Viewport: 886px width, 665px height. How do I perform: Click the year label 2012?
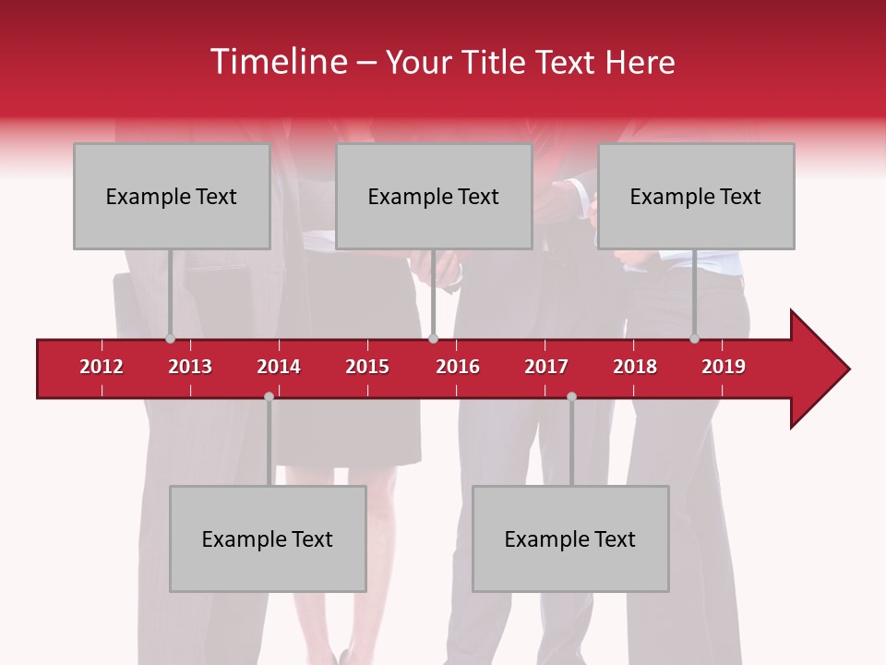(102, 367)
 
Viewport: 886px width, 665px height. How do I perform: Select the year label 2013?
(190, 367)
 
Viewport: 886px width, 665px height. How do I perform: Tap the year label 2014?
(279, 367)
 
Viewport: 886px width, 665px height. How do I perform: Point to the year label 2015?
(367, 367)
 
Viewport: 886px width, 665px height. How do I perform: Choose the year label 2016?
(458, 367)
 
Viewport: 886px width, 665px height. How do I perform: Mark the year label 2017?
(546, 367)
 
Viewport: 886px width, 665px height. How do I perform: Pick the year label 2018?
(635, 367)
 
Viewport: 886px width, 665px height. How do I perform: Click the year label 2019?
(724, 367)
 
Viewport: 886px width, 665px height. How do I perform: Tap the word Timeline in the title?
(278, 62)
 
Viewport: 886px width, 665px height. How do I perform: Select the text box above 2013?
(172, 196)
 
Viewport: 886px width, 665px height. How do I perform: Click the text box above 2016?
(434, 196)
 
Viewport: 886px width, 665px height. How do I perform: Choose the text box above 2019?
(696, 196)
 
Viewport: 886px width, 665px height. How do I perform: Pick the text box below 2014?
(268, 538)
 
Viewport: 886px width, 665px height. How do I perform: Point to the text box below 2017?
(570, 538)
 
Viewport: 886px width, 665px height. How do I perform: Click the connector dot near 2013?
(170, 339)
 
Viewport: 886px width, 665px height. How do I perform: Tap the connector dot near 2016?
(433, 339)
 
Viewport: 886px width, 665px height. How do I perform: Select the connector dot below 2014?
(269, 396)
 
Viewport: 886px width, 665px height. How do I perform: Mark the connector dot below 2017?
(571, 396)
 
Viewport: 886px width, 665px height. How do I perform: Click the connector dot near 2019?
(694, 339)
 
